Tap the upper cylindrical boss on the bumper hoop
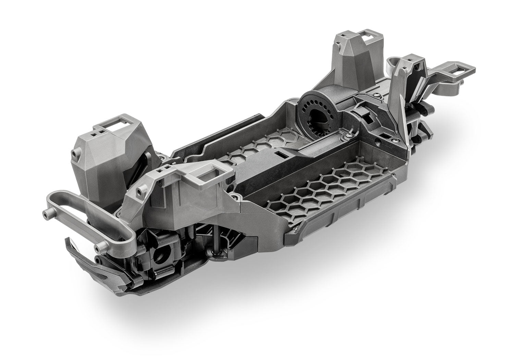pos(46,214)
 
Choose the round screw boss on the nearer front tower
pos(140,189)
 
